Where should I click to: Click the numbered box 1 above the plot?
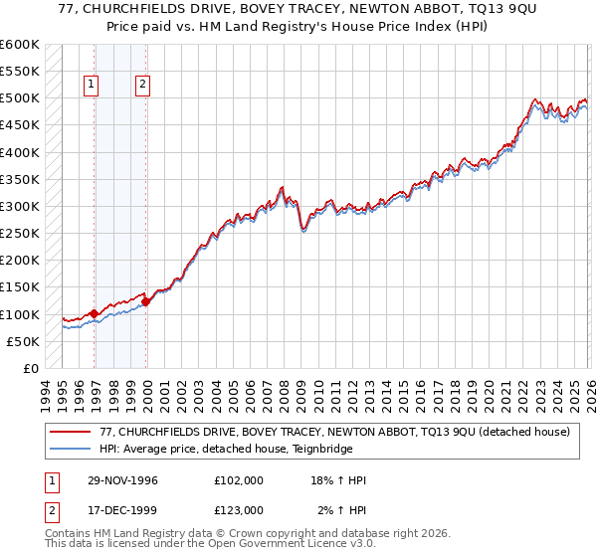click(91, 85)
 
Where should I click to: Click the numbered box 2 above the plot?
click(143, 85)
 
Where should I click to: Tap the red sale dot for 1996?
click(95, 313)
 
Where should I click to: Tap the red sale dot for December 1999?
click(146, 302)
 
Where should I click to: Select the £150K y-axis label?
click(20, 287)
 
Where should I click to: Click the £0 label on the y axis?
click(30, 368)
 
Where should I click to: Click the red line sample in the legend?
click(71, 433)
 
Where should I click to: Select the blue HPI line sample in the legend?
click(71, 450)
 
